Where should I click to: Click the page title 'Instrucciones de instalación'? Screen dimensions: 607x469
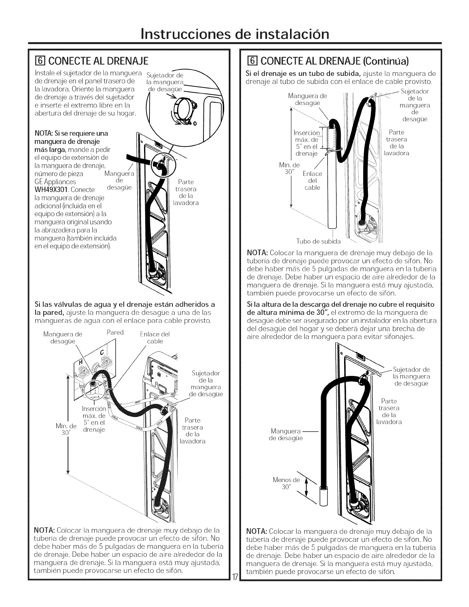[234, 32]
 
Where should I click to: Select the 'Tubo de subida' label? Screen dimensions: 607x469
[318, 241]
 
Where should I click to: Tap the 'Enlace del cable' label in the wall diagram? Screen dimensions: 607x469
[153, 337]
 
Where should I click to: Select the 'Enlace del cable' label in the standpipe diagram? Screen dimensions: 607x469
[312, 180]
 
